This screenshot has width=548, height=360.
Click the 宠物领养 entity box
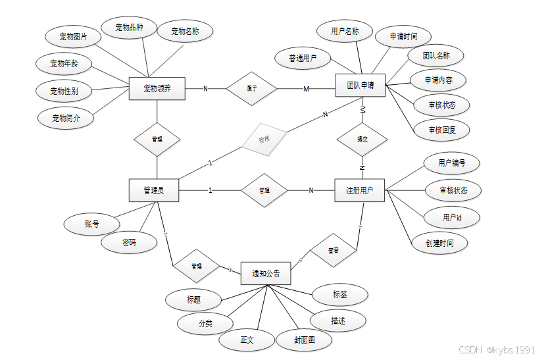(x=157, y=88)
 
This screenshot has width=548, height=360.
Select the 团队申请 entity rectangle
(x=360, y=86)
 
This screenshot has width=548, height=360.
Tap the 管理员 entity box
(x=154, y=191)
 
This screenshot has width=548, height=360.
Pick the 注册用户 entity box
(x=360, y=191)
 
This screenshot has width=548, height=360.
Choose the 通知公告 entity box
(x=266, y=273)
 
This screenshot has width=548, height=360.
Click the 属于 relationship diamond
(x=251, y=88)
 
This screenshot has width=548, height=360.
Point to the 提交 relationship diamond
(x=362, y=139)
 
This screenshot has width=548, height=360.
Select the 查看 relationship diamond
(x=334, y=250)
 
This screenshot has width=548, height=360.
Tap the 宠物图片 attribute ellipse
(x=73, y=37)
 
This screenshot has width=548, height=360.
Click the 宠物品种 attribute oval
(x=130, y=27)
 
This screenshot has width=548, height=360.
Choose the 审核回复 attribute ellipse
(x=441, y=130)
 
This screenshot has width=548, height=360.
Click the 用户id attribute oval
(x=451, y=217)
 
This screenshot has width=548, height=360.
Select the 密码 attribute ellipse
(x=130, y=243)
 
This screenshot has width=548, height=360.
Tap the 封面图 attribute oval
(x=304, y=340)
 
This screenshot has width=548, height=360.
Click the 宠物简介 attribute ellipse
(x=64, y=118)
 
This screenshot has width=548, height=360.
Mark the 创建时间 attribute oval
(x=439, y=243)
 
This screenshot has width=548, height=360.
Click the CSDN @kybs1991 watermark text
(x=497, y=349)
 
